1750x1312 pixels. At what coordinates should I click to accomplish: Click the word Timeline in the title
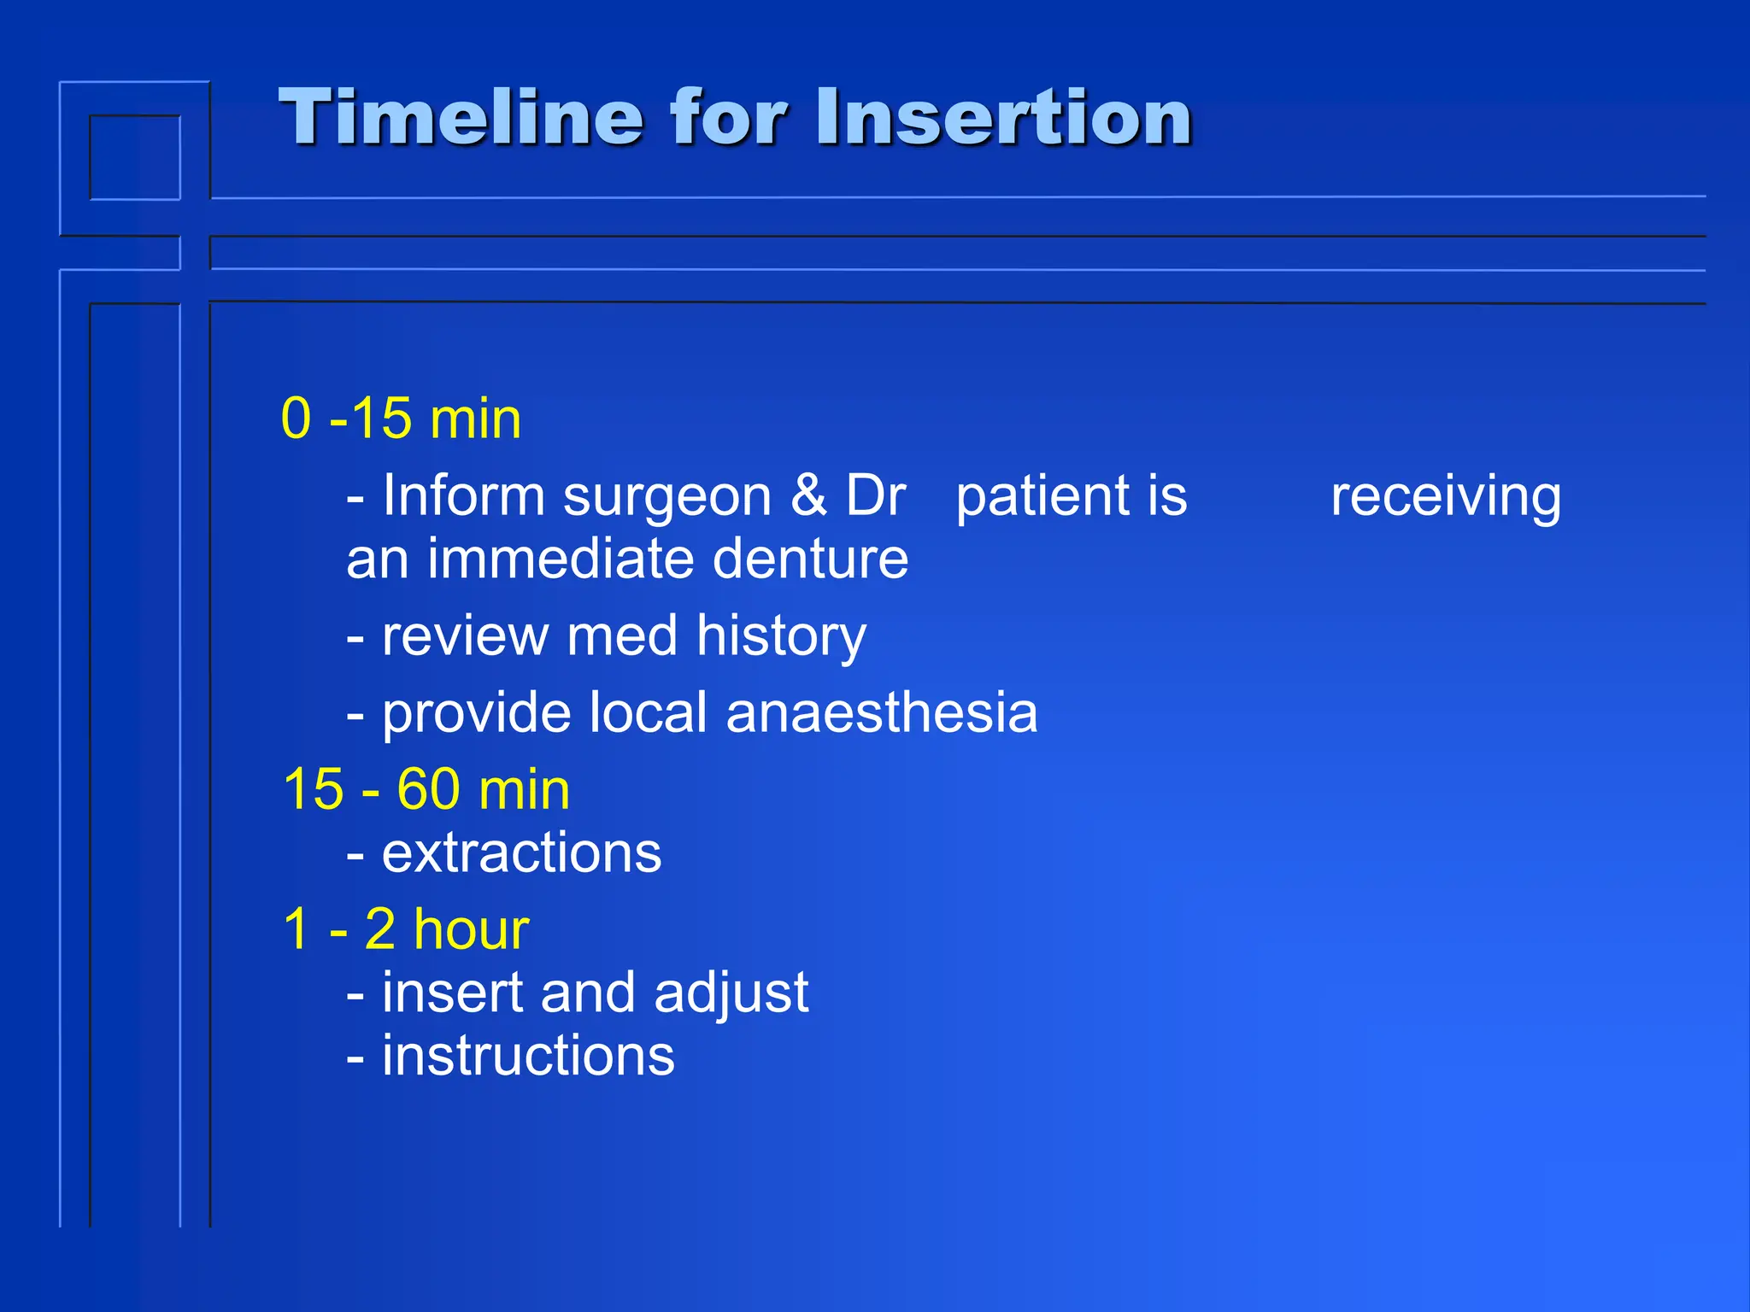[x=461, y=117]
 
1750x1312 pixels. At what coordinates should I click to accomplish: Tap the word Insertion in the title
[x=1003, y=117]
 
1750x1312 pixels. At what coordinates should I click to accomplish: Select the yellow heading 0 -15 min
[x=401, y=419]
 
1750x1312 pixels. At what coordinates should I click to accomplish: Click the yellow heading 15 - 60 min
[x=426, y=789]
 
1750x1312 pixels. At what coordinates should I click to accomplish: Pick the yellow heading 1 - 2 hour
[x=406, y=929]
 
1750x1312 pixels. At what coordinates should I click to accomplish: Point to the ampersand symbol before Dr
[x=808, y=495]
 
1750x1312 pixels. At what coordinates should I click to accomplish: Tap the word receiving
[x=1446, y=497]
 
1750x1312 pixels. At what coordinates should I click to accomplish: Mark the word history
[x=781, y=637]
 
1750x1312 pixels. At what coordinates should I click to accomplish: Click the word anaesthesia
[x=882, y=713]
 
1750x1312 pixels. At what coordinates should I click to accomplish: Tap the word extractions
[x=521, y=852]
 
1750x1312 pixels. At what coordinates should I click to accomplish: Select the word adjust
[x=731, y=994]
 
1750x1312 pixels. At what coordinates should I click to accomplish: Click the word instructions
[x=528, y=1056]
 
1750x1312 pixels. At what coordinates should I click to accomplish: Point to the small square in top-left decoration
[x=135, y=158]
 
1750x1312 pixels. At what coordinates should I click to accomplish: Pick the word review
[x=465, y=637]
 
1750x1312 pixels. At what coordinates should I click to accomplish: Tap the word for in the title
[x=726, y=117]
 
